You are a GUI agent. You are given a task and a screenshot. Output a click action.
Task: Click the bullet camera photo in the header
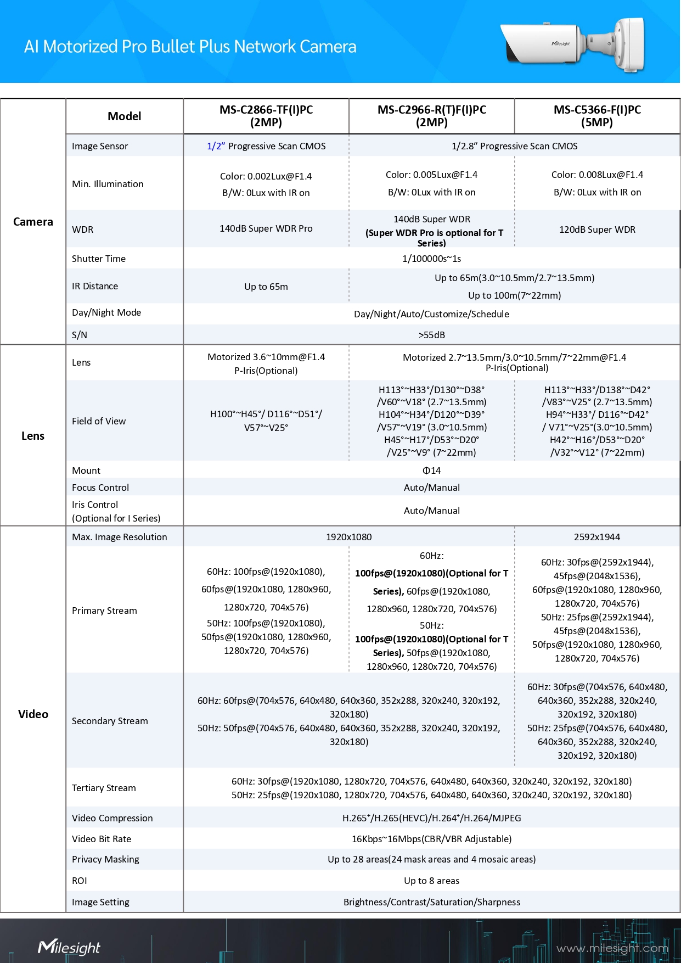tap(573, 44)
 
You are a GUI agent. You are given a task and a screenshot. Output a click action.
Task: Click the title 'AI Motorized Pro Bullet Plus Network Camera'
tap(190, 47)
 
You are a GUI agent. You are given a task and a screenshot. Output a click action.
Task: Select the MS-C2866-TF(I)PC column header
tap(266, 116)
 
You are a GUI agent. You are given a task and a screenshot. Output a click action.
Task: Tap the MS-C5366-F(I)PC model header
tap(597, 116)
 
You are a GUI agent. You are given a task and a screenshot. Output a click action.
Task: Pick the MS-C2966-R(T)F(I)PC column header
tap(432, 116)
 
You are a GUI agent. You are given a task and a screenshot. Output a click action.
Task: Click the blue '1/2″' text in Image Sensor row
tap(216, 146)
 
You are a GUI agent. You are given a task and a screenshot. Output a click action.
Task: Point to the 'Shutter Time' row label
tap(99, 259)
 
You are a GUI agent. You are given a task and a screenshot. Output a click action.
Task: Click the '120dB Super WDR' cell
tap(597, 229)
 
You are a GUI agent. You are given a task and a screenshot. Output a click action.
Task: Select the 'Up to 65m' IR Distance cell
tap(266, 287)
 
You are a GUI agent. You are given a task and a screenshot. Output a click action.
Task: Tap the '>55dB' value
tap(432, 335)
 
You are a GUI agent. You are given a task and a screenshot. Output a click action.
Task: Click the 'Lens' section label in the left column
tap(33, 436)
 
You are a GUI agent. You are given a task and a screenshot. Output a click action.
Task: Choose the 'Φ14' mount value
tap(432, 471)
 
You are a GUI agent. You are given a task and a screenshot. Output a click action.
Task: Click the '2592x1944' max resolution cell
tap(597, 537)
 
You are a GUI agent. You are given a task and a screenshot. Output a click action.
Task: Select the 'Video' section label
tap(33, 714)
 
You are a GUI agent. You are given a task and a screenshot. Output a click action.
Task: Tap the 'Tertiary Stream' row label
tap(104, 788)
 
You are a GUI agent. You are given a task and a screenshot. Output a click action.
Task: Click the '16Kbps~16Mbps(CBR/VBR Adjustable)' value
tap(432, 839)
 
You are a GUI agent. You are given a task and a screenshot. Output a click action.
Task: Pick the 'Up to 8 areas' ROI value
tap(432, 881)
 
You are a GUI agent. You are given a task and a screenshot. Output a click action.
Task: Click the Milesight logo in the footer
tap(69, 947)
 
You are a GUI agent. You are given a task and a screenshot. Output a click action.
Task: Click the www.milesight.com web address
tap(612, 948)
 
